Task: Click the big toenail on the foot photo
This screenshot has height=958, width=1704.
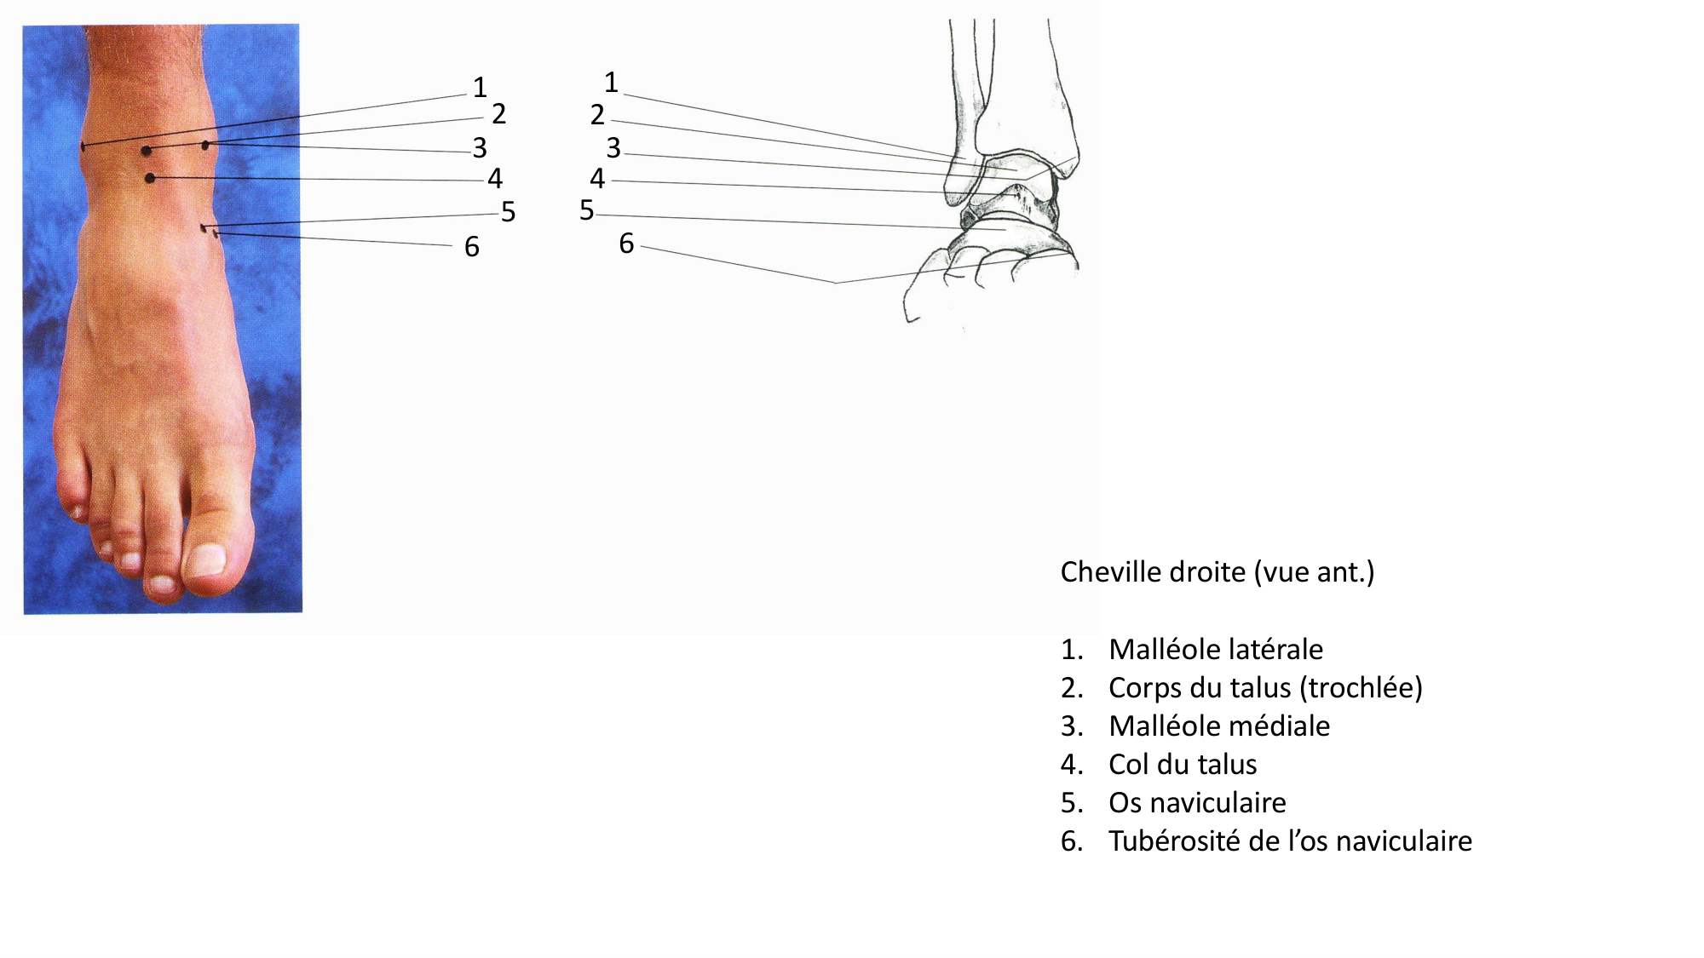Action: [x=206, y=561]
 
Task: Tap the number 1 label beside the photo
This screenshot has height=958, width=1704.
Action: [x=480, y=87]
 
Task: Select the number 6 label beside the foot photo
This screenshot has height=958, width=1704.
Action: [x=471, y=247]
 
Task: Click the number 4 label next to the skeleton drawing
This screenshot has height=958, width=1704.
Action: [x=597, y=179]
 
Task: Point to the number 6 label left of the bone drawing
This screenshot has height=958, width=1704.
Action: [x=626, y=244]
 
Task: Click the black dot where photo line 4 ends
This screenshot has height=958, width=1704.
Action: [x=150, y=178]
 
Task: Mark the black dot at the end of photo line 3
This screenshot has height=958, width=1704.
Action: [x=205, y=146]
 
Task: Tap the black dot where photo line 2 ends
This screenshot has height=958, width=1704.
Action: [x=147, y=151]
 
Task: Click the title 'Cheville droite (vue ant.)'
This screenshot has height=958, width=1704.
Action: [x=1217, y=572]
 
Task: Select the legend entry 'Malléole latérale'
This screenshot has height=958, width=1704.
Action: [x=1215, y=650]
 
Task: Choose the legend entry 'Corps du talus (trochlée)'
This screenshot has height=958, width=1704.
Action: [x=1264, y=688]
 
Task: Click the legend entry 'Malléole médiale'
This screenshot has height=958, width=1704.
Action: [x=1218, y=726]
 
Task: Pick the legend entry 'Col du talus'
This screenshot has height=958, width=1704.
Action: [x=1182, y=765]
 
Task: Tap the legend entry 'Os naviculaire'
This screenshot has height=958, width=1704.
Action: [x=1196, y=803]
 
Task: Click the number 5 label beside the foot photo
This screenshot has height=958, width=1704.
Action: [x=508, y=212]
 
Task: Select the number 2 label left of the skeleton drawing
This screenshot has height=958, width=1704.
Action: [x=597, y=114]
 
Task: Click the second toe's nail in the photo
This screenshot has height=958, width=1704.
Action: [x=161, y=584]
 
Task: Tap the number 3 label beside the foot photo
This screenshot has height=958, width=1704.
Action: [x=480, y=148]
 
